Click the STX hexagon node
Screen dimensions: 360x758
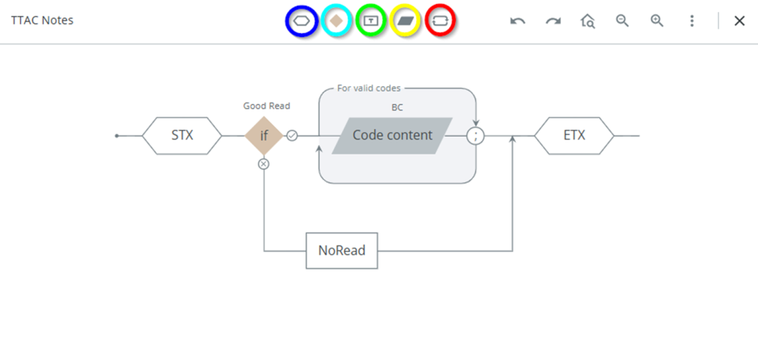click(182, 135)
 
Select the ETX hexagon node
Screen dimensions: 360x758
click(574, 135)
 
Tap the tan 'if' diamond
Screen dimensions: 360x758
click(264, 135)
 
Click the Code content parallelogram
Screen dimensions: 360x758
click(392, 135)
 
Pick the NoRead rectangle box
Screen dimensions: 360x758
click(342, 251)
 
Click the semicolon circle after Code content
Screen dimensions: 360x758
click(475, 135)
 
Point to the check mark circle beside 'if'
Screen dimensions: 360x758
click(292, 135)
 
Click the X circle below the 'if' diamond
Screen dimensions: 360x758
click(264, 164)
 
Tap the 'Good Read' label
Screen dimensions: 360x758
click(267, 106)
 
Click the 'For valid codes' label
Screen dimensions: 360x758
click(369, 88)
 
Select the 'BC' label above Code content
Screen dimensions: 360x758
click(397, 107)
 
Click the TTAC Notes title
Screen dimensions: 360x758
click(42, 20)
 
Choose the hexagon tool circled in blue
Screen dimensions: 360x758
click(302, 21)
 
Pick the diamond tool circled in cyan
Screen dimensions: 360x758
click(337, 21)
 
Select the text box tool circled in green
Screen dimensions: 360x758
click(371, 21)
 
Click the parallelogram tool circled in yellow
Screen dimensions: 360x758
click(406, 21)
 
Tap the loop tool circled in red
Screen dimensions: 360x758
click(440, 21)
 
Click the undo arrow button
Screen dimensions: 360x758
click(517, 21)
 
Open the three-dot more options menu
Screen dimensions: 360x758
click(692, 21)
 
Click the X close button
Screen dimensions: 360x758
click(739, 21)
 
